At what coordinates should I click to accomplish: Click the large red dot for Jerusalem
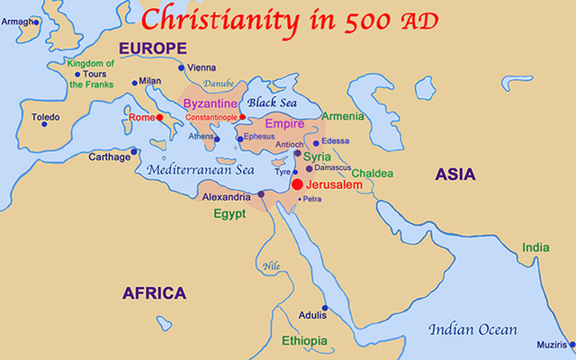[297, 184]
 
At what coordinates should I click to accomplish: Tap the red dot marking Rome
[158, 117]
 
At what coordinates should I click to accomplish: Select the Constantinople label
[212, 118]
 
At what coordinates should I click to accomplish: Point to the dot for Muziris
[571, 343]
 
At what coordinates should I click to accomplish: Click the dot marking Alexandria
[261, 194]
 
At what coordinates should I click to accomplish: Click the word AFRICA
[155, 292]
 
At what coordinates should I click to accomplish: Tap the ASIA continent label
[454, 175]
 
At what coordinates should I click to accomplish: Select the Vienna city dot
[181, 67]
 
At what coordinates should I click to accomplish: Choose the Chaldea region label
[372, 173]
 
